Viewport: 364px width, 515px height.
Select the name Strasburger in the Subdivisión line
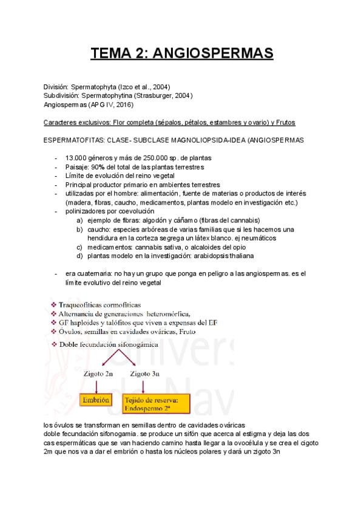(158, 96)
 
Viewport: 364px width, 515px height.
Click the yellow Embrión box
(98, 401)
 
